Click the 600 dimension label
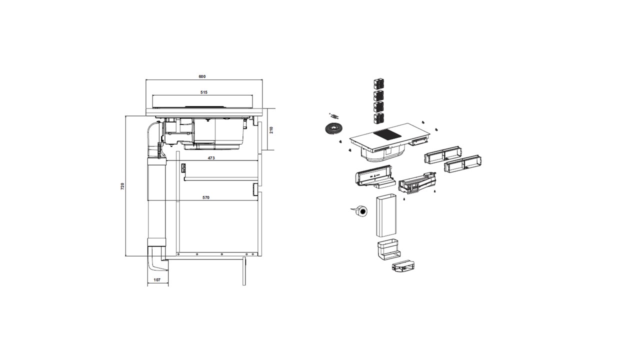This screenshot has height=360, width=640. point(202,76)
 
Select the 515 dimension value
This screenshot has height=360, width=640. point(203,92)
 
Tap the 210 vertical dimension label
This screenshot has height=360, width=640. point(271,130)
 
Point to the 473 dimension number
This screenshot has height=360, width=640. point(211,158)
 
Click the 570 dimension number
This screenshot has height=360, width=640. point(206,197)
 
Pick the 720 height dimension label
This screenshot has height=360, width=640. point(122,186)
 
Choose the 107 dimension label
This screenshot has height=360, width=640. point(157,280)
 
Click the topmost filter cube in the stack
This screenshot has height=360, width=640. point(378,83)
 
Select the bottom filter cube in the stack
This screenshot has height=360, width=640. point(378,118)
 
